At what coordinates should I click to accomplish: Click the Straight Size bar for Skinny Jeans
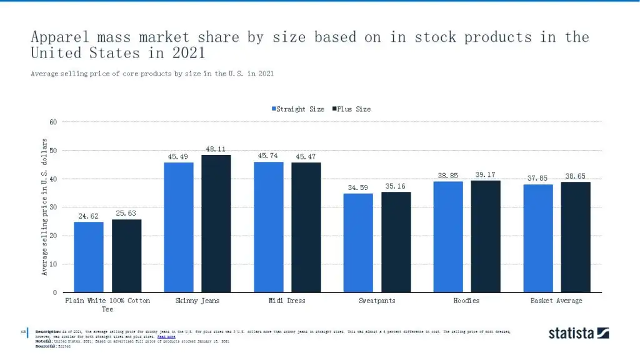(178, 227)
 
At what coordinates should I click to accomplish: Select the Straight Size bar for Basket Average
(538, 238)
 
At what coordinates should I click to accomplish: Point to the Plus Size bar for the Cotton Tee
(126, 256)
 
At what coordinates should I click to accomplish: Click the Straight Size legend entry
(297, 109)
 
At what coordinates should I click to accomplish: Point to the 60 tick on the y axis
(53, 122)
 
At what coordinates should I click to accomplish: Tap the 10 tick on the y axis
(53, 264)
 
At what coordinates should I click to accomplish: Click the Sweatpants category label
(377, 301)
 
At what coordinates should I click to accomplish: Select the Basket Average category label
(556, 301)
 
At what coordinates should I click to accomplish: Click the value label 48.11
(216, 149)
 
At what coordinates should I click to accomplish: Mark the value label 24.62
(88, 216)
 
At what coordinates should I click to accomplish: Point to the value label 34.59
(358, 187)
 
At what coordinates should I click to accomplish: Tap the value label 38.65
(576, 176)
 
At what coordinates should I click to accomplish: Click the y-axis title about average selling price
(45, 207)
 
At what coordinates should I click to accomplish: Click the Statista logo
(579, 333)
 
